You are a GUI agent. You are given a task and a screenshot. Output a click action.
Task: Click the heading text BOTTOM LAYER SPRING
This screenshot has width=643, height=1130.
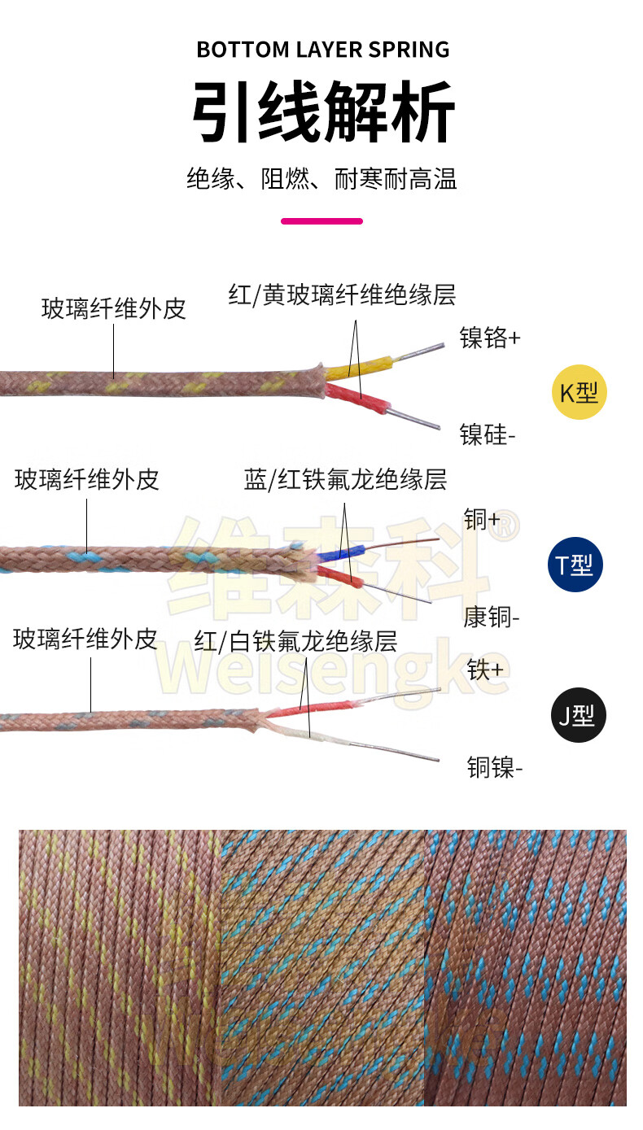[x=322, y=50]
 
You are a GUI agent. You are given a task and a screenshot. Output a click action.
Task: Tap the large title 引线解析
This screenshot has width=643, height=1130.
[x=322, y=112]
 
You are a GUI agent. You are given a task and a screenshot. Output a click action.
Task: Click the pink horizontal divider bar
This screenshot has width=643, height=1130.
[x=321, y=220]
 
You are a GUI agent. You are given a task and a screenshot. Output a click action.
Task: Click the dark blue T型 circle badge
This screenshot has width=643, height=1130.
[x=575, y=564]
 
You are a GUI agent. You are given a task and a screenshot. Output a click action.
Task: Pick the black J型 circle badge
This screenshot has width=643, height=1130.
[x=577, y=715]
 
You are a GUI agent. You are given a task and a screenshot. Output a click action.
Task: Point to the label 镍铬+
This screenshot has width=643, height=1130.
[x=490, y=338]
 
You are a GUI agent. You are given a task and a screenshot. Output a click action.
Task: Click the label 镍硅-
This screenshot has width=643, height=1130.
[x=488, y=435]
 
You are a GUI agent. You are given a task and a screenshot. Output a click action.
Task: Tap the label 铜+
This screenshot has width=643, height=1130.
[x=482, y=520]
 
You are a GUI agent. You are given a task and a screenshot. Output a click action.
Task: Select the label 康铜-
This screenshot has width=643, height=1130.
[x=491, y=617]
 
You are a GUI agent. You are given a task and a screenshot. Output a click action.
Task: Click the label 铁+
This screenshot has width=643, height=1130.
[x=485, y=670]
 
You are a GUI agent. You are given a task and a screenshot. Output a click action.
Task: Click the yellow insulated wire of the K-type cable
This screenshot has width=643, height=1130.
[x=362, y=368]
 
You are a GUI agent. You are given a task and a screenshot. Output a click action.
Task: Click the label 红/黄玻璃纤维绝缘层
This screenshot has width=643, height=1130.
[x=342, y=294]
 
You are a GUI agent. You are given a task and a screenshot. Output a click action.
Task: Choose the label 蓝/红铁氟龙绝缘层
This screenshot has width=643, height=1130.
[x=345, y=479]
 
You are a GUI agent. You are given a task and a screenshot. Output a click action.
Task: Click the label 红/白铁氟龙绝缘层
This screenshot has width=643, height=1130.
[x=295, y=642]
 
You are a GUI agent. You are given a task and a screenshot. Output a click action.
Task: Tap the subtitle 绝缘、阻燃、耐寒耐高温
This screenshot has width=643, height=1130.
[x=321, y=178]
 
